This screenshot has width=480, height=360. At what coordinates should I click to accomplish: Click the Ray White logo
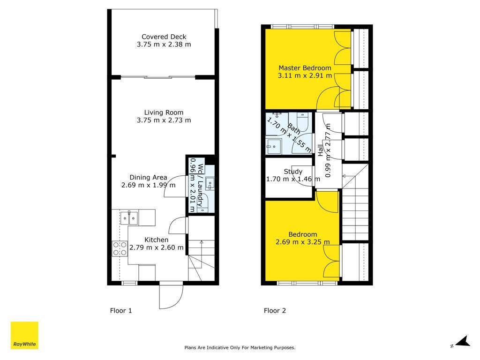[24, 335]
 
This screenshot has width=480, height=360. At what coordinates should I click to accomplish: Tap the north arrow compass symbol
[462, 342]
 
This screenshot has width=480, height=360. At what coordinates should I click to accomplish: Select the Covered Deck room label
[164, 37]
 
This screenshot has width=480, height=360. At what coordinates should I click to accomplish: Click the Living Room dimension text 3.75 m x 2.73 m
[164, 120]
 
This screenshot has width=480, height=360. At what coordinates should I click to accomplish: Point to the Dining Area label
[148, 178]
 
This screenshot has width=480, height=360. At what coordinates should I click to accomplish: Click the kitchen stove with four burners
[120, 248]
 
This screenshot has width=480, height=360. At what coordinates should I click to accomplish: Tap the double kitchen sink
[129, 218]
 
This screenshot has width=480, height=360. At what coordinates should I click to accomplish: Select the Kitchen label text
[157, 240]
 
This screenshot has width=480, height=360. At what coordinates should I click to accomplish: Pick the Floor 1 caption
[121, 311]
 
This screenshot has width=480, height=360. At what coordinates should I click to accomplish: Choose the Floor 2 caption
[275, 311]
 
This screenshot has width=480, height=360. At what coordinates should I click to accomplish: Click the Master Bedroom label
[305, 68]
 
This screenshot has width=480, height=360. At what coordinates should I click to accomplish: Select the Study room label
[293, 172]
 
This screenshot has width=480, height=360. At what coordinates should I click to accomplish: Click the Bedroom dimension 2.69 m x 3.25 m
[303, 242]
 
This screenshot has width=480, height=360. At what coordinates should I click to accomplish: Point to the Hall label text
[320, 150]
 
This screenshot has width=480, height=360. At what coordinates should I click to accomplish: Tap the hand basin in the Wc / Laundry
[210, 184]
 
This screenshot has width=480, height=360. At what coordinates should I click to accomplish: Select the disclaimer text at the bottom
[240, 347]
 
